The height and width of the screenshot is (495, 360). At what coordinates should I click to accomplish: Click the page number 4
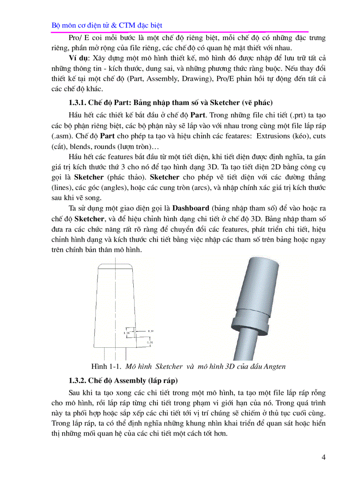click(323, 457)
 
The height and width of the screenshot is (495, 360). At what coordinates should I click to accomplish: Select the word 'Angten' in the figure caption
click(274, 367)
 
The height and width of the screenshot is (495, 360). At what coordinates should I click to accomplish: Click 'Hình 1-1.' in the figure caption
click(106, 367)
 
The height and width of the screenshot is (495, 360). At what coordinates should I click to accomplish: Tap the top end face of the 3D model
click(262, 262)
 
